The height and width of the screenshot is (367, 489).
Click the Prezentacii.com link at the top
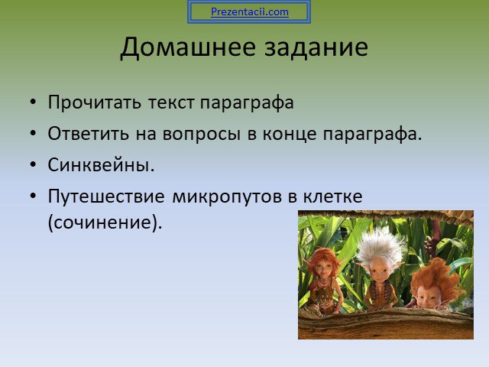click(x=250, y=12)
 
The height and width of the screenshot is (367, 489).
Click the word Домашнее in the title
click(x=188, y=47)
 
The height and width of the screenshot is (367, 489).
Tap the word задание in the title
click(x=316, y=48)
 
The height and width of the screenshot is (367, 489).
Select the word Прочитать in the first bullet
click(x=95, y=102)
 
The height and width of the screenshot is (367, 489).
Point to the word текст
click(x=171, y=103)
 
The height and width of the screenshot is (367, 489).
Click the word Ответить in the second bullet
click(x=89, y=134)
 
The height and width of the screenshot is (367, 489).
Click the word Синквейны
click(x=101, y=165)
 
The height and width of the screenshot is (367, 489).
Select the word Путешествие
click(x=106, y=197)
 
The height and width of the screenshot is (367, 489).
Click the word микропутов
click(x=227, y=197)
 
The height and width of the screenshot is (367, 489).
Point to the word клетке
click(x=332, y=196)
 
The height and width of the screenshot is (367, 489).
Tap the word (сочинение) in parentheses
click(x=105, y=222)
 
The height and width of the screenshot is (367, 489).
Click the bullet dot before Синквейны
click(x=33, y=164)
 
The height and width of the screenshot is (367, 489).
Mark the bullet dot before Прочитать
click(x=33, y=102)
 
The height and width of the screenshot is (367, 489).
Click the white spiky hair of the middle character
click(x=381, y=245)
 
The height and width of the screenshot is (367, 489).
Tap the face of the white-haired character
click(x=378, y=273)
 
